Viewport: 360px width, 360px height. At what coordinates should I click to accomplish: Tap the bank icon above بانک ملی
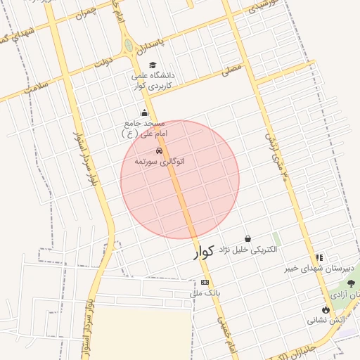pos(205,282)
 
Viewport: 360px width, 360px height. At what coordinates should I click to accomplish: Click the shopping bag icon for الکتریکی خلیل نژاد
pos(247,239)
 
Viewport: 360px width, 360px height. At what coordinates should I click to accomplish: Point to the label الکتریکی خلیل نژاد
pos(247,250)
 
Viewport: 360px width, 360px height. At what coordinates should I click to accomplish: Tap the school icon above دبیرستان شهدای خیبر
pos(320,258)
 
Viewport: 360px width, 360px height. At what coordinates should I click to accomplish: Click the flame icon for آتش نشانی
pos(326,310)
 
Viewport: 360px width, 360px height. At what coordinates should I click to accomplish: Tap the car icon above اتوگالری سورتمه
pos(159,151)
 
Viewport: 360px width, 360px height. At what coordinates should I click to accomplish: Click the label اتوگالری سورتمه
pos(160,162)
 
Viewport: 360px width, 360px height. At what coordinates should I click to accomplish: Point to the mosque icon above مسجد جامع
pos(145,112)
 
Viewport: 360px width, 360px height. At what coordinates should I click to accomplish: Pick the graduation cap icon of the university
pos(152,65)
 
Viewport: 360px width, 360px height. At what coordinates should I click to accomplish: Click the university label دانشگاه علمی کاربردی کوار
pos(153,80)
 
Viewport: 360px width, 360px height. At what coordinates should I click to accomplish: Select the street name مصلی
pos(232,71)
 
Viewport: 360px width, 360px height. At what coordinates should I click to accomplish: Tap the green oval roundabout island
pos(128,46)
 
